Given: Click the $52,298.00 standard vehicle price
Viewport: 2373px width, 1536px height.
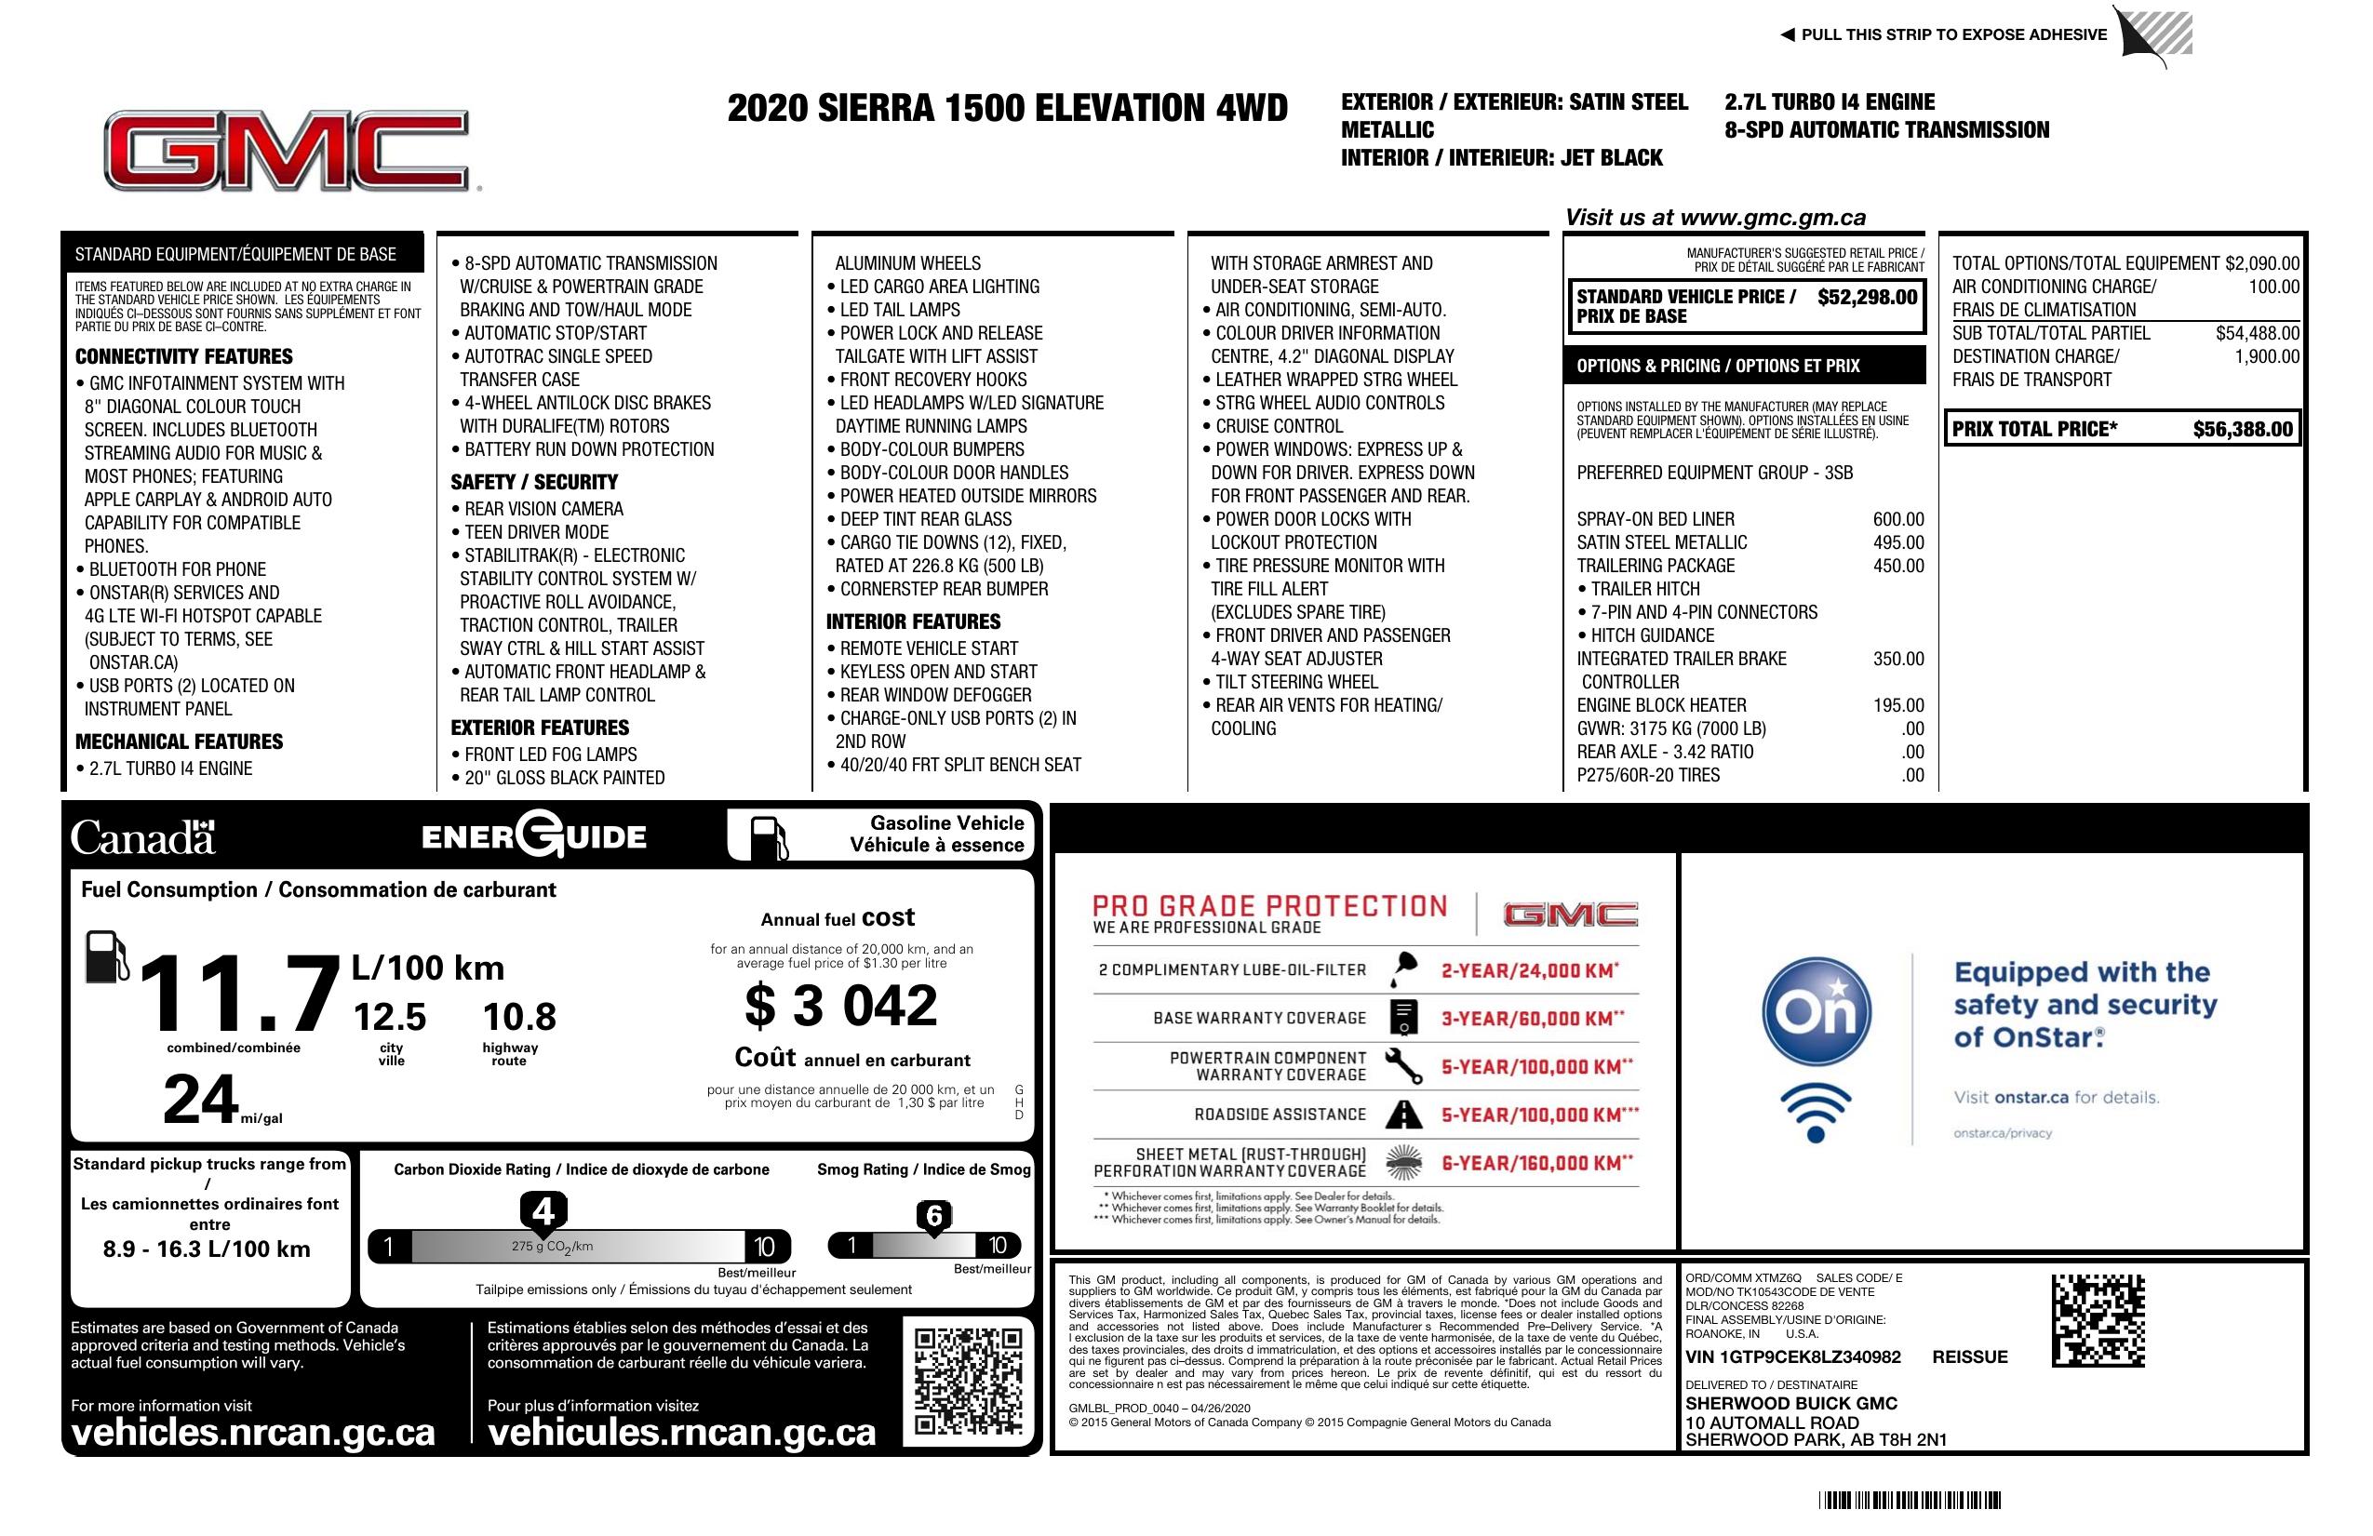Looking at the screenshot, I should pos(1867,297).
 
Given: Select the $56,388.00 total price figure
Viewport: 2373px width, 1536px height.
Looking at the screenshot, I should pos(2243,430).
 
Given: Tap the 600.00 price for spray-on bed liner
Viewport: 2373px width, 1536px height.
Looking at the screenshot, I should pos(1898,519).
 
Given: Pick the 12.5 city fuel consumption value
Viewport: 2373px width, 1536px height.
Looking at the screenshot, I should pos(390,1017).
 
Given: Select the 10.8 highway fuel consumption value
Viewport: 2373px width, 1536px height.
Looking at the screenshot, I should pos(519,1017).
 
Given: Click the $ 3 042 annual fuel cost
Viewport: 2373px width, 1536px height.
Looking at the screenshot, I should pos(840,1006).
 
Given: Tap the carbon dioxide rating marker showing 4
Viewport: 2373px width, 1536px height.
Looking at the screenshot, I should pos(543,1212).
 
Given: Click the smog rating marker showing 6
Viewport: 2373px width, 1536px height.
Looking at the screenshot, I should pos(934,1216).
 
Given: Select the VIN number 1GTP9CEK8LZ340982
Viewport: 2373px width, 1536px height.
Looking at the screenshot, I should pos(1792,1356).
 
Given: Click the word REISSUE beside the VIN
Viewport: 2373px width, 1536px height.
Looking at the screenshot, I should pos(1969,1356).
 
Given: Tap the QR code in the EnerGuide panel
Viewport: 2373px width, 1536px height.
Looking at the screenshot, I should pos(967,1380).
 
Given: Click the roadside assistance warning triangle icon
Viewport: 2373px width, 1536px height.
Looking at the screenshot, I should pos(1404,1115).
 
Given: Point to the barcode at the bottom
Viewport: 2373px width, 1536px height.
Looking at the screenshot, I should pos(1910,1500).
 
